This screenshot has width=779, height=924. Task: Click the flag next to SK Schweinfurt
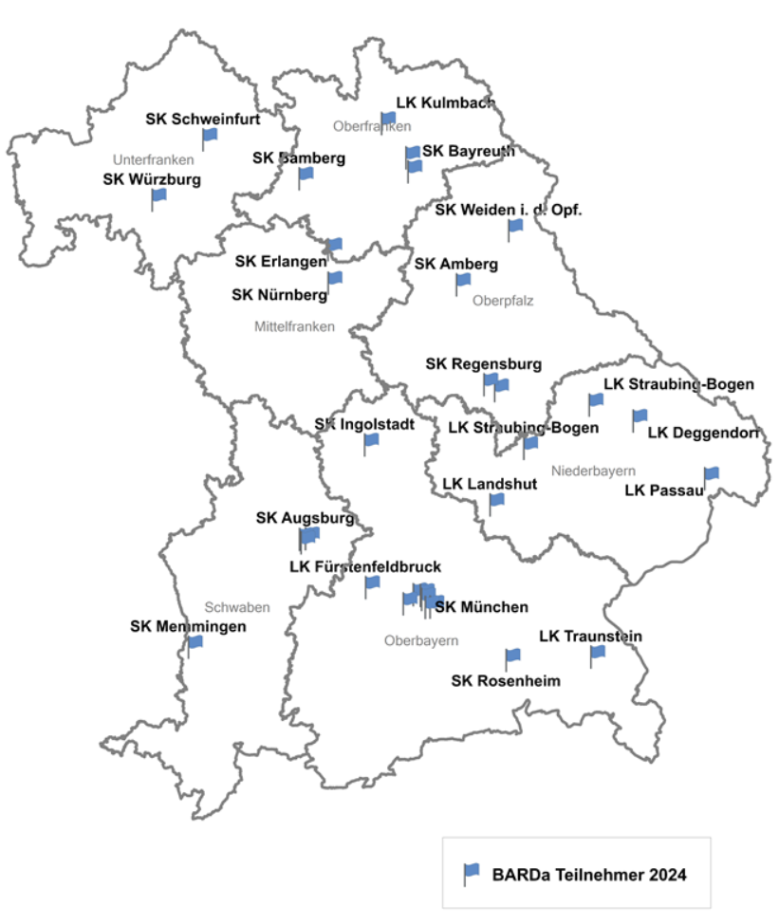[209, 136]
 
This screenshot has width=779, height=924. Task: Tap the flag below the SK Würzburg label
[158, 195]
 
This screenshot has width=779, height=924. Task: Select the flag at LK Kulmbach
[387, 119]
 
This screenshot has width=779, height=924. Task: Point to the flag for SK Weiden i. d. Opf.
[515, 226]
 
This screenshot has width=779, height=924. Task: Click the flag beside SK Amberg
[463, 280]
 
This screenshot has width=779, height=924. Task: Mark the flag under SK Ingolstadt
[371, 440]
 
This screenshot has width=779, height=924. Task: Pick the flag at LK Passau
[711, 473]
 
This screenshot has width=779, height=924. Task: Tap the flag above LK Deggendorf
[640, 416]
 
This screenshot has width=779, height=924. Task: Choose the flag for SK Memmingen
[195, 643]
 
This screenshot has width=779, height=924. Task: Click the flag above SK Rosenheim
[512, 656]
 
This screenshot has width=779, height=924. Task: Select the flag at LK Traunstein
[598, 653]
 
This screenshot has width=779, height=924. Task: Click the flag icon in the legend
[472, 871]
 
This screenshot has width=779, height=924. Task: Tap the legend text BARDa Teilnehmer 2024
[588, 874]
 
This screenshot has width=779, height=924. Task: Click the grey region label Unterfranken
[153, 159]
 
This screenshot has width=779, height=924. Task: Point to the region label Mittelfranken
[294, 327]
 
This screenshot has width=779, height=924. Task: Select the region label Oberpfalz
[503, 301]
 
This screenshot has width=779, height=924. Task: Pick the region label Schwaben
[237, 607]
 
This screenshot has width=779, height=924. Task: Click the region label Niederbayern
[593, 471]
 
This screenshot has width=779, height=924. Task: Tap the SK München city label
[481, 607]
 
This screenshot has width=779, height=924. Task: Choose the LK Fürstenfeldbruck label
[365, 566]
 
